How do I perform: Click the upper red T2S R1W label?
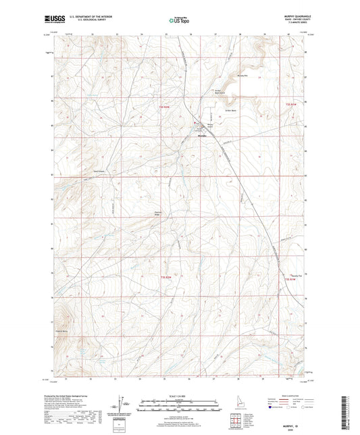pos(290,105)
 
